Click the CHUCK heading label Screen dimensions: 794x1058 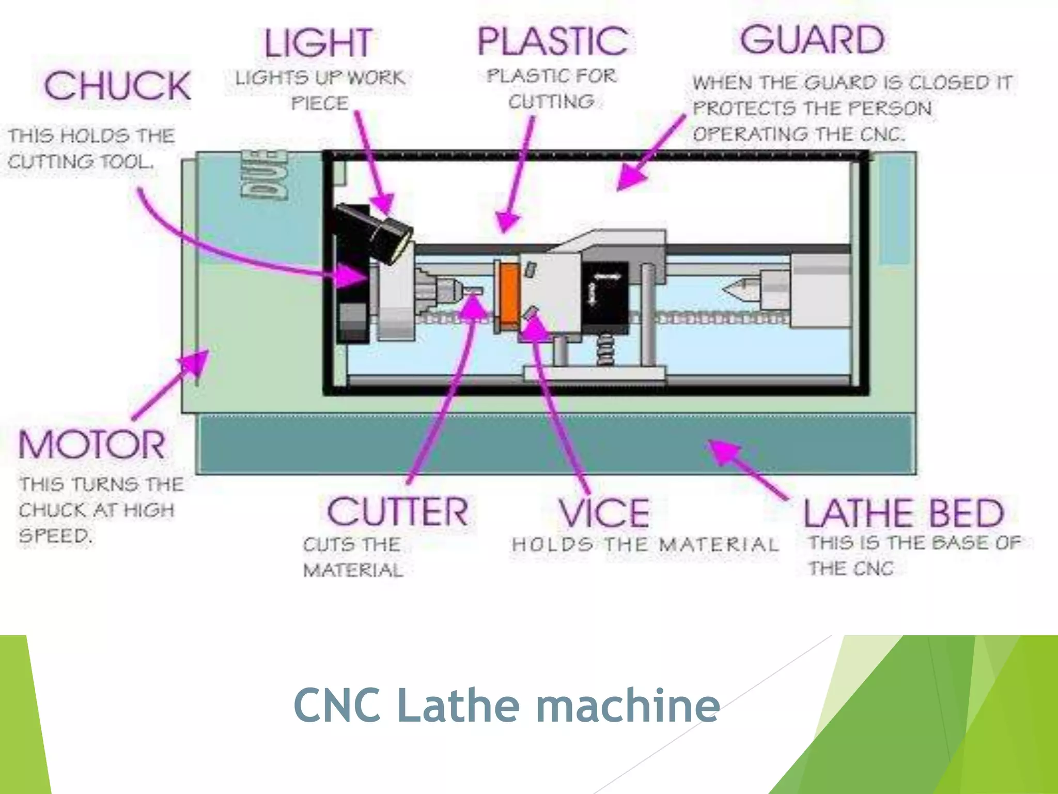point(117,86)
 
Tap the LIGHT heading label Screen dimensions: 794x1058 point(318,43)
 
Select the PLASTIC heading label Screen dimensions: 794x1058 point(553,41)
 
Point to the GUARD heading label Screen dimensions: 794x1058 point(812,40)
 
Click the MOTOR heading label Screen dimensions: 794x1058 point(92,445)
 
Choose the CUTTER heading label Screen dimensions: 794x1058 point(398,512)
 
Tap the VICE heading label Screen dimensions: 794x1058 point(604,513)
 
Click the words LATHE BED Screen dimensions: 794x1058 point(904,513)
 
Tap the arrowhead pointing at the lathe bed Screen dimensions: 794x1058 point(723,450)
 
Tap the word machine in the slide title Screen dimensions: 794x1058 point(628,706)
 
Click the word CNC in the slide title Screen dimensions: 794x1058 point(338,706)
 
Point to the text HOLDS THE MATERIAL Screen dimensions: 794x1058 point(644,545)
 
